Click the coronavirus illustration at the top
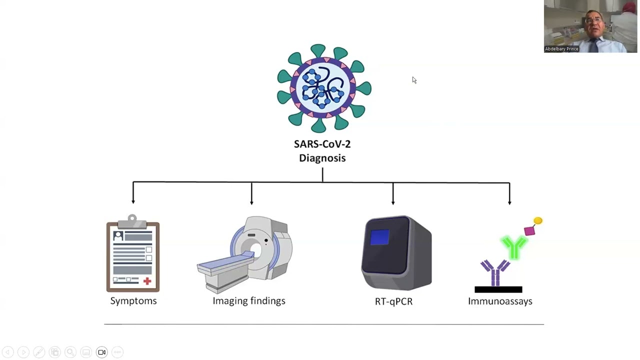pyautogui.click(x=324, y=88)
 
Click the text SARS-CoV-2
pyautogui.click(x=322, y=144)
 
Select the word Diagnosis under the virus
pyautogui.click(x=322, y=158)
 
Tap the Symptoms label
pyautogui.click(x=133, y=300)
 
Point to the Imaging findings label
pyautogui.click(x=248, y=300)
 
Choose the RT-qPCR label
pyautogui.click(x=393, y=301)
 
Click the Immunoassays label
pyautogui.click(x=500, y=301)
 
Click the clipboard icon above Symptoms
pyautogui.click(x=133, y=254)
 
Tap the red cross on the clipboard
pyautogui.click(x=147, y=281)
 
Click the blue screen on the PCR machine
pyautogui.click(x=380, y=237)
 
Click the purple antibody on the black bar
pyautogui.click(x=495, y=272)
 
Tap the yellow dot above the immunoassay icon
pyautogui.click(x=538, y=220)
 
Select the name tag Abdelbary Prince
pyautogui.click(x=561, y=49)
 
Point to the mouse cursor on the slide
pyautogui.click(x=414, y=80)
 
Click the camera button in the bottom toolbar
pyautogui.click(x=101, y=352)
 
